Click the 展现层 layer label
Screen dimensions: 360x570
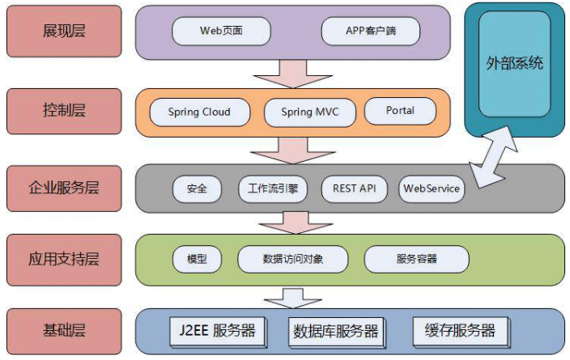tap(63, 32)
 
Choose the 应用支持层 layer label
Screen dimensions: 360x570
tap(63, 259)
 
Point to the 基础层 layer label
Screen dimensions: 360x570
tap(63, 330)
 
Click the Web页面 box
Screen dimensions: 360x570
tap(221, 32)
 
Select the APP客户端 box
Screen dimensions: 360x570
tap(371, 32)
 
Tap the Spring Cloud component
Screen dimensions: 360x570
tap(199, 112)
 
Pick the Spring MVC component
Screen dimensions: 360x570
tap(309, 112)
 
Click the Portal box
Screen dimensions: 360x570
tap(400, 111)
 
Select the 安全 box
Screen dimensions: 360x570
tap(197, 189)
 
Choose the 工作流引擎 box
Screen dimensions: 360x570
tap(273, 189)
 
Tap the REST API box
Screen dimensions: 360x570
tap(355, 189)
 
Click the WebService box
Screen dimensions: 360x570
tap(432, 189)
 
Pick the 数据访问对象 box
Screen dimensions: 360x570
tap(292, 259)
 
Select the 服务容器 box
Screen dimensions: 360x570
tap(416, 259)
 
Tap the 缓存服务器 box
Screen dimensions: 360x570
tap(460, 330)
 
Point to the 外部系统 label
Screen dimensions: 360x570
tap(514, 63)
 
